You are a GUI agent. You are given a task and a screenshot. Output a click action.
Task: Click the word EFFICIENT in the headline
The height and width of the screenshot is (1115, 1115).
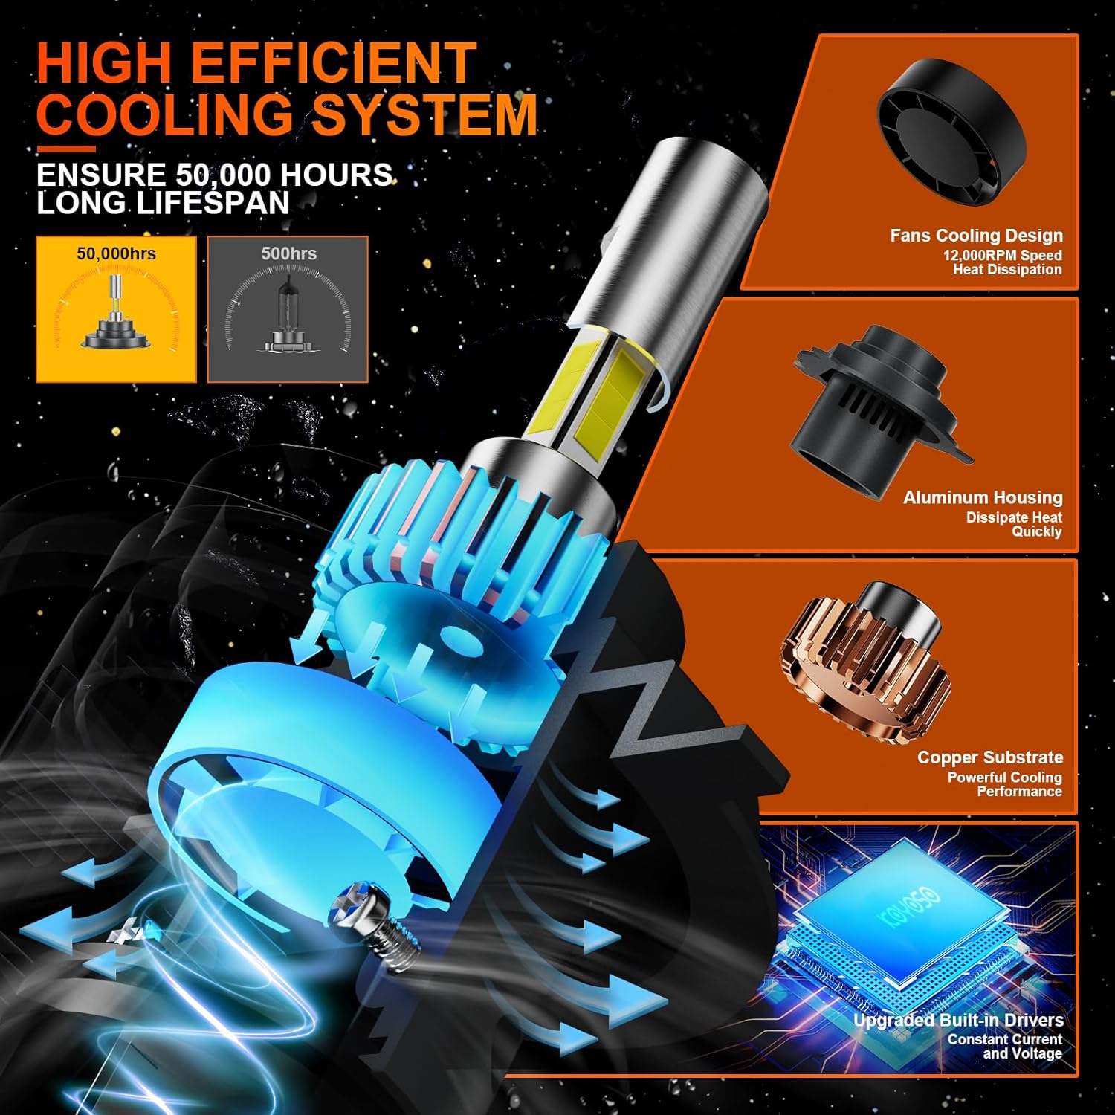[334, 63]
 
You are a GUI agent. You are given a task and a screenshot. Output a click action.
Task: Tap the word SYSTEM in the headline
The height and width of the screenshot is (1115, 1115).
[424, 115]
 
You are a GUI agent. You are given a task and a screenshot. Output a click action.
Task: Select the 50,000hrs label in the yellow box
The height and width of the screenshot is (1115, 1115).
[116, 253]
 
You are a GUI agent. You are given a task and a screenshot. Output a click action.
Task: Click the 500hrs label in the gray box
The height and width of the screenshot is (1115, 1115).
[288, 253]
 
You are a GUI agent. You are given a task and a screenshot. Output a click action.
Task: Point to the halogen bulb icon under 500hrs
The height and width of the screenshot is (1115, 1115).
[288, 316]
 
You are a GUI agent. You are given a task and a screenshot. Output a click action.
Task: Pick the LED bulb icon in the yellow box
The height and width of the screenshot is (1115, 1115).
[116, 316]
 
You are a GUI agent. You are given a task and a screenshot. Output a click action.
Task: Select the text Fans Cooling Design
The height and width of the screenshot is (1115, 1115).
[976, 236]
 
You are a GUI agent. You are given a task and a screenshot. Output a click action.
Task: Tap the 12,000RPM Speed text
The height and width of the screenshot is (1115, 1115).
[1002, 255]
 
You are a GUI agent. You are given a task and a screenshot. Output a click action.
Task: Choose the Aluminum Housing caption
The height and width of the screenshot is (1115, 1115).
[983, 497]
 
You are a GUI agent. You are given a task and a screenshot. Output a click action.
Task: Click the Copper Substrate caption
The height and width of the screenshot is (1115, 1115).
[989, 757]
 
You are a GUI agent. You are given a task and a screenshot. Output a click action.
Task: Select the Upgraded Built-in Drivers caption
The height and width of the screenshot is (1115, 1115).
[957, 1020]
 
